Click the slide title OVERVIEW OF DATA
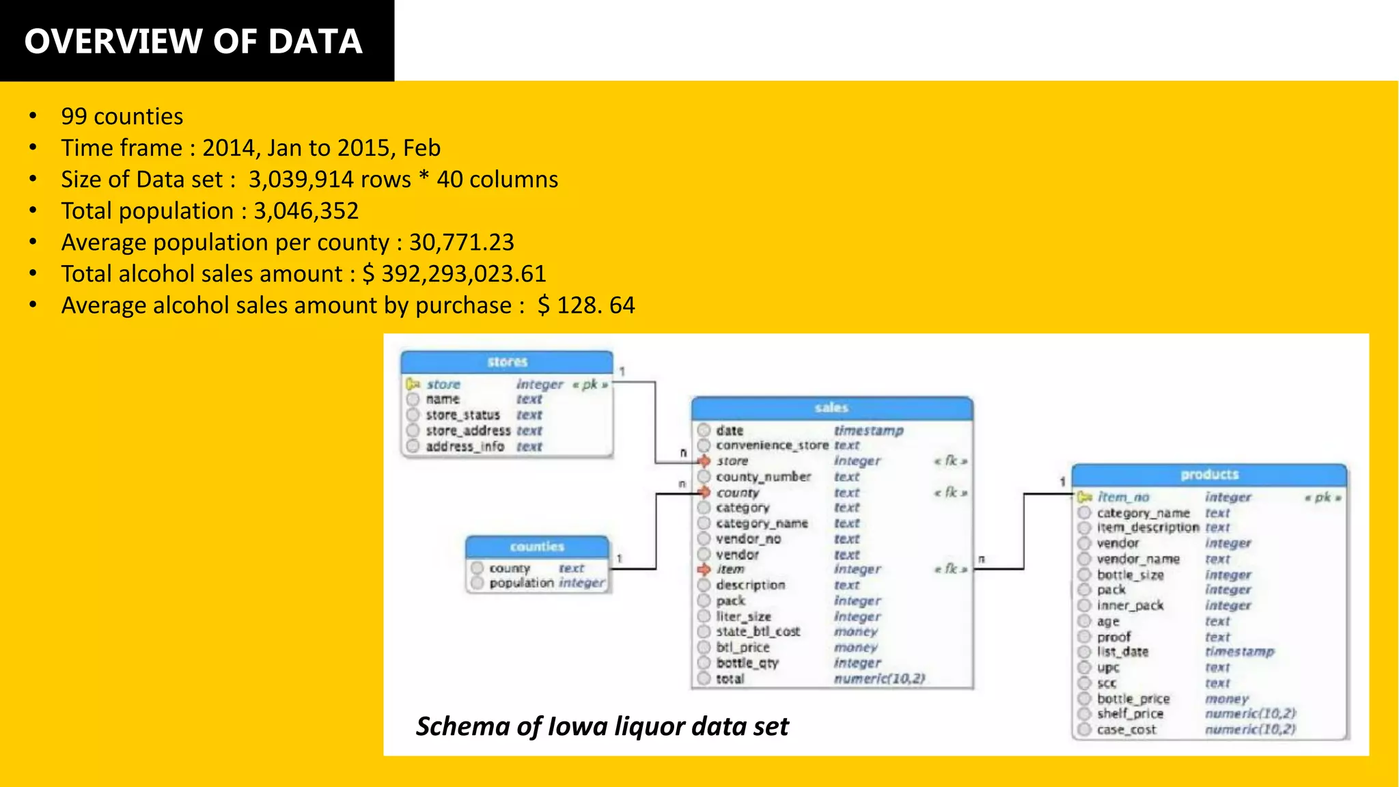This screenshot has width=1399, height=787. pyautogui.click(x=193, y=41)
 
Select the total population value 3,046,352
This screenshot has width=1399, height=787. pyautogui.click(x=306, y=211)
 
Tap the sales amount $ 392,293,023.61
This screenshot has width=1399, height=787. pyautogui.click(x=454, y=274)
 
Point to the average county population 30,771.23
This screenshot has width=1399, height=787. pyautogui.click(x=461, y=243)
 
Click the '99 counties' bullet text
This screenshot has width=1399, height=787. pyautogui.click(x=122, y=117)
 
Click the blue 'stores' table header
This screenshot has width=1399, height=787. pyautogui.click(x=507, y=362)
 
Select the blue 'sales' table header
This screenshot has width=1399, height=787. pyautogui.click(x=831, y=408)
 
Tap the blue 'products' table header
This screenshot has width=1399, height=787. pyautogui.click(x=1209, y=474)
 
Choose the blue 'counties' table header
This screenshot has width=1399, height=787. pyautogui.click(x=537, y=547)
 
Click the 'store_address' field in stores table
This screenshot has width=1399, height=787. pyautogui.click(x=468, y=431)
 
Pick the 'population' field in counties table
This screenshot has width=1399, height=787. pyautogui.click(x=521, y=583)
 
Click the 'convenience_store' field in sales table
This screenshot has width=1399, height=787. pyautogui.click(x=772, y=445)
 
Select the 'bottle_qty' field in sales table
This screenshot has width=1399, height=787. pyautogui.click(x=747, y=663)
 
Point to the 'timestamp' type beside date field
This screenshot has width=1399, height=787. pyautogui.click(x=868, y=430)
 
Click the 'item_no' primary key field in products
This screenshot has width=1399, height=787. pyautogui.click(x=1123, y=497)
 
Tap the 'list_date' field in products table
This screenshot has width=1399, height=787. pyautogui.click(x=1122, y=652)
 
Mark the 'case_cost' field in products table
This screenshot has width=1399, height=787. pyautogui.click(x=1126, y=730)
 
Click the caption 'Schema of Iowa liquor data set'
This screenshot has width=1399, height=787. pyautogui.click(x=602, y=726)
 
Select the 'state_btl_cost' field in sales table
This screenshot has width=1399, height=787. pyautogui.click(x=758, y=632)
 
